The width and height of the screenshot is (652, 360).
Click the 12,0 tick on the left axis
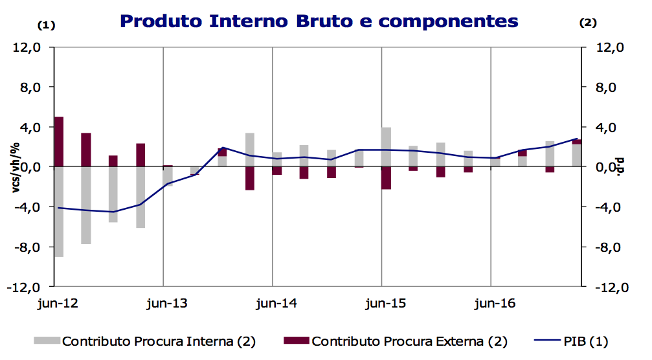pyautogui.click(x=28, y=48)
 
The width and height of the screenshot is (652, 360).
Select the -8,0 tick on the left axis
pyautogui.click(x=28, y=247)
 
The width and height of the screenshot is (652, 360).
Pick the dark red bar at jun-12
pyautogui.click(x=58, y=142)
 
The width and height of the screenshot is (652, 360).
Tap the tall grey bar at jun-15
pyautogui.click(x=386, y=147)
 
